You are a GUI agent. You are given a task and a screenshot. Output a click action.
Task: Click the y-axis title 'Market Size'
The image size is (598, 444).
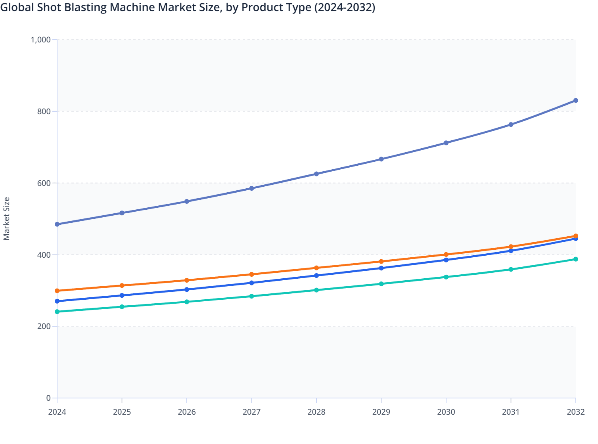tap(6, 218)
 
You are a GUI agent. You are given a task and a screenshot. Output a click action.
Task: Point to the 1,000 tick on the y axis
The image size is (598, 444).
tap(41, 40)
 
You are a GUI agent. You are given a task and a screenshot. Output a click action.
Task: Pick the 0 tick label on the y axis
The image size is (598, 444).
tap(48, 398)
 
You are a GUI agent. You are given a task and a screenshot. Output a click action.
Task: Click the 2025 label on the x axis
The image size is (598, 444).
tap(122, 412)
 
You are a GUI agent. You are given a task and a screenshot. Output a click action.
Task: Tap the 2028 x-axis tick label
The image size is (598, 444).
tap(316, 412)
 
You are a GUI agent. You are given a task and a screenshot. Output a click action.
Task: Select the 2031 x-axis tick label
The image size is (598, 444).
tap(511, 412)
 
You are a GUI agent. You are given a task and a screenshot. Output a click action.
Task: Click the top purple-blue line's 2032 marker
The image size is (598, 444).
tap(576, 101)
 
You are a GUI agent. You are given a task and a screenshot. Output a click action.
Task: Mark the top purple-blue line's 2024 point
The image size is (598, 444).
tap(57, 224)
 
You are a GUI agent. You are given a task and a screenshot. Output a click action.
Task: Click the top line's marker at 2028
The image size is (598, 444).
tap(316, 174)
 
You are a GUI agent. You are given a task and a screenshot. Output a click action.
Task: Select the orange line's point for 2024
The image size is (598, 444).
tap(57, 291)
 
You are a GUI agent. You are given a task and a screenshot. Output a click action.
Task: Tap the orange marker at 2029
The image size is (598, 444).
tap(381, 262)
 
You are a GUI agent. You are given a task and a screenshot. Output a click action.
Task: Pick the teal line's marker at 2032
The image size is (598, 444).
tap(576, 259)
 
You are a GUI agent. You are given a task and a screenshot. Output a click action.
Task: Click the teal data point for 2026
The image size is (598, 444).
tap(187, 302)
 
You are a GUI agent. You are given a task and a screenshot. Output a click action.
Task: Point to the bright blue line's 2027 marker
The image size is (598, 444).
tap(251, 283)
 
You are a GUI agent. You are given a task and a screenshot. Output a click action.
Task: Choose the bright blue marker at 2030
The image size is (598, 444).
tap(446, 260)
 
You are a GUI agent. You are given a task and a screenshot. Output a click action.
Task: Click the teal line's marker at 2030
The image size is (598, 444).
tap(446, 277)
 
